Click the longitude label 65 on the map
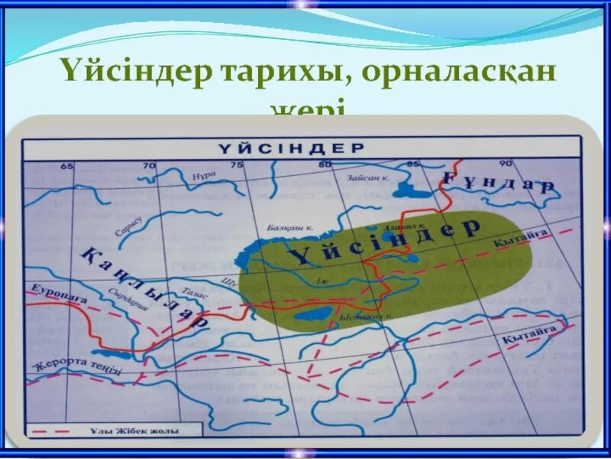point(66,166)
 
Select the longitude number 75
point(238,164)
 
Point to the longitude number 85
point(413,164)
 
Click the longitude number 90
point(505,164)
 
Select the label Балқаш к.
point(291,227)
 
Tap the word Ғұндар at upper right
point(499,184)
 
